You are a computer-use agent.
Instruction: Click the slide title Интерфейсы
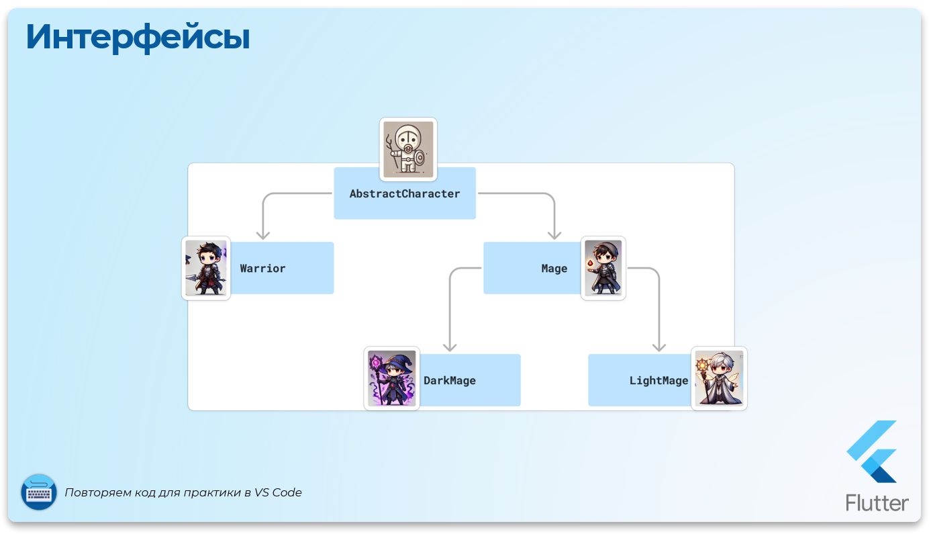point(138,38)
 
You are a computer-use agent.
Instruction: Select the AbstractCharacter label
point(405,194)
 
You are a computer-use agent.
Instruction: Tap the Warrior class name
point(262,269)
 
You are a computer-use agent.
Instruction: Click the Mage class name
point(554,269)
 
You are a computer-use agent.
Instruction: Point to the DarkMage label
point(449,381)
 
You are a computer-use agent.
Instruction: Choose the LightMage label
point(658,381)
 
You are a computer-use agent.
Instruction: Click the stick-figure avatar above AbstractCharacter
point(408,149)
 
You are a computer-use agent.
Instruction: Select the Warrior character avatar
point(206,268)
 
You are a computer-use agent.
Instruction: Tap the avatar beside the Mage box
point(603,268)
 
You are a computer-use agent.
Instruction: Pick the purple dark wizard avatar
point(392,378)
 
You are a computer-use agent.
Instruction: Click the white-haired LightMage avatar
point(719,378)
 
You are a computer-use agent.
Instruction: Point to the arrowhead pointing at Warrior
point(263,234)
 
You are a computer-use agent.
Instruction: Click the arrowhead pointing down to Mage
point(554,234)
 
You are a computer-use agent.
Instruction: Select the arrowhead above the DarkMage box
point(450,346)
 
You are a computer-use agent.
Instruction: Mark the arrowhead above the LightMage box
point(659,346)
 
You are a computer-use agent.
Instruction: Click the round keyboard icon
point(39,492)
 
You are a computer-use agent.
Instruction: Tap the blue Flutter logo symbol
point(873,451)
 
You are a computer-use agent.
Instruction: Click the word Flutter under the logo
point(877,502)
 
